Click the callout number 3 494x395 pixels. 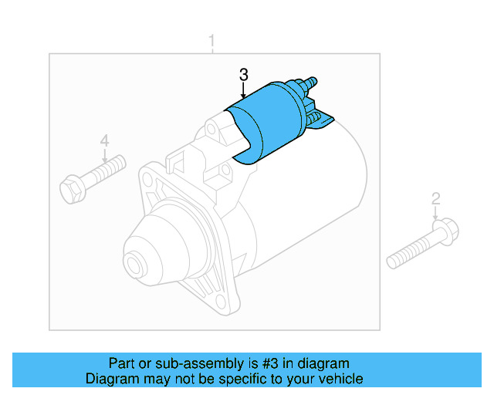(244, 75)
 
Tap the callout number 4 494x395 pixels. (104, 140)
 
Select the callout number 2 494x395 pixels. (435, 199)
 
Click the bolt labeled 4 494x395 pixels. (93, 175)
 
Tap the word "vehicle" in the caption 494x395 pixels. (340, 379)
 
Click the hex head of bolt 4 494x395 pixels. (70, 187)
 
